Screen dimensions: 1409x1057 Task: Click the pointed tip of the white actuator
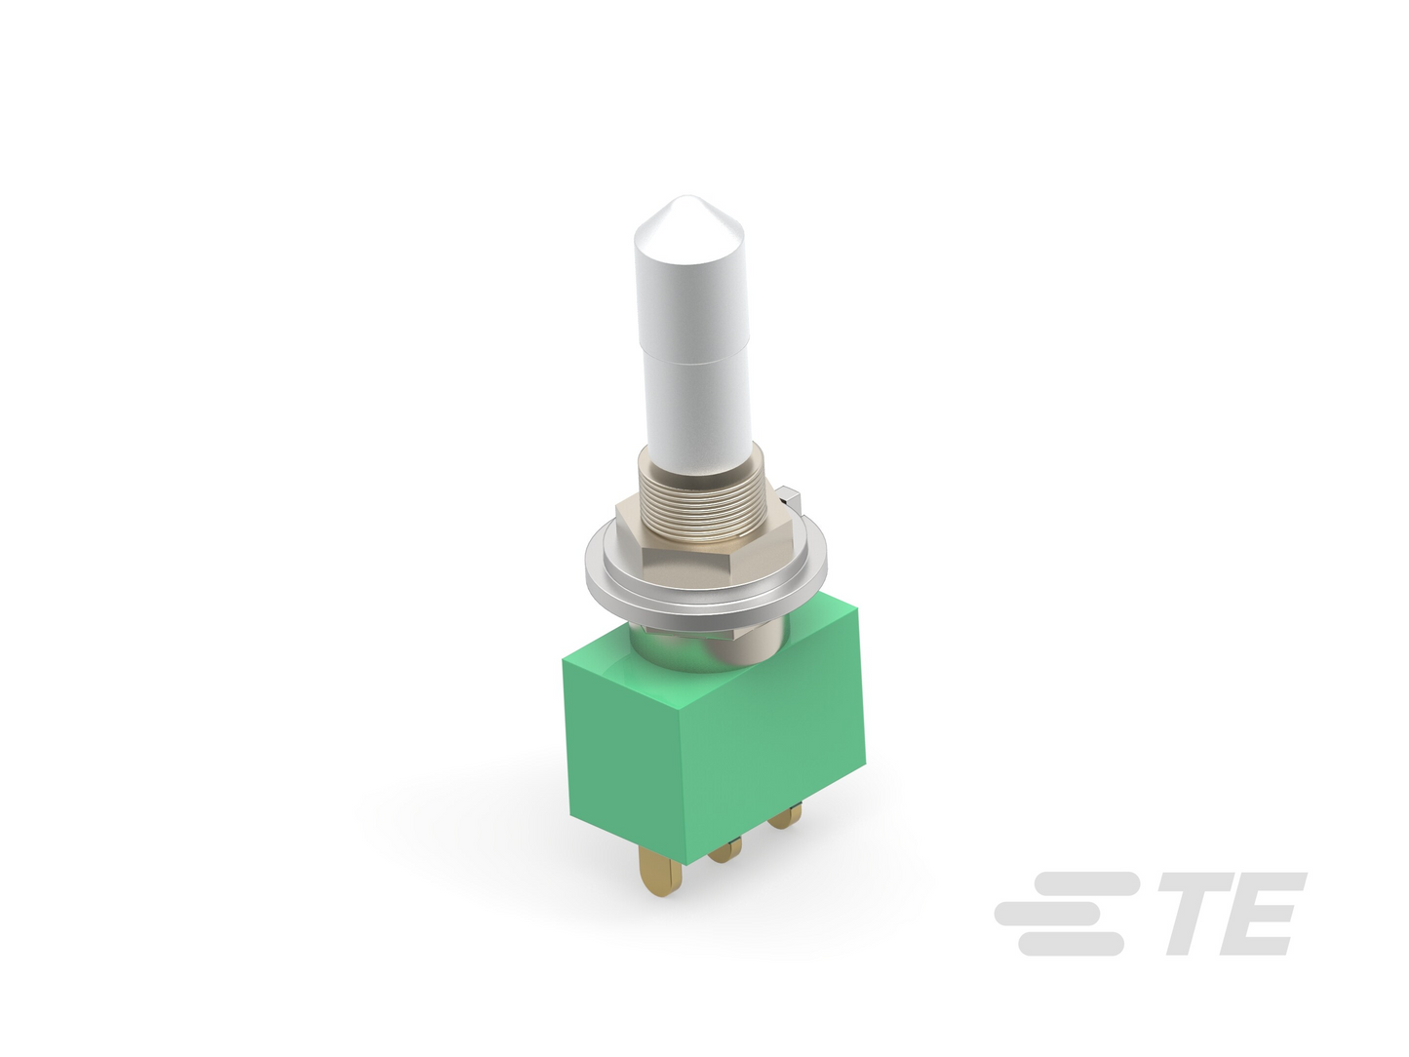685,196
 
